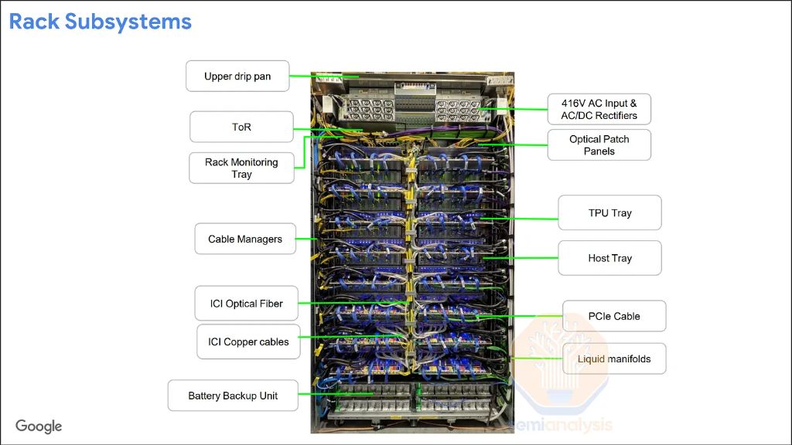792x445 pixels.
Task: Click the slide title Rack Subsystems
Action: coord(101,22)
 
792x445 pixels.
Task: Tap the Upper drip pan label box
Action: coord(237,76)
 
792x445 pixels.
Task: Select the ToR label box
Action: coord(241,127)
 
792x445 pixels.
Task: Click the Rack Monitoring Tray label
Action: coord(241,168)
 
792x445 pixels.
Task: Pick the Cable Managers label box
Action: coord(245,239)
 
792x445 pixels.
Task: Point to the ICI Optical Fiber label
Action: coord(246,304)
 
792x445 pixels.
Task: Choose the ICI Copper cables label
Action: coord(248,341)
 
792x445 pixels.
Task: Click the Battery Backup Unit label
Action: coord(233,396)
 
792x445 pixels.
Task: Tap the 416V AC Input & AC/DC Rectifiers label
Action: coord(599,109)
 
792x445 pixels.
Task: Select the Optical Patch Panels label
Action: coord(599,145)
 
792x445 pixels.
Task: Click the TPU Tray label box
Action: coord(609,212)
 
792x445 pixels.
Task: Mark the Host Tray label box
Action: coord(609,258)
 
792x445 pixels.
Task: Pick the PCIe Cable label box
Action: coord(614,316)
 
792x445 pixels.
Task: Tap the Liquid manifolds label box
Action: coord(614,358)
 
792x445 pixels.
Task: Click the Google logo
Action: coord(39,426)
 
